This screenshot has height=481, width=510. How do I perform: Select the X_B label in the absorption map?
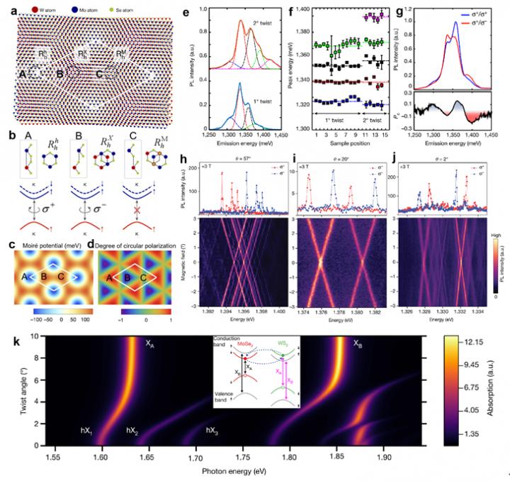359,343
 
